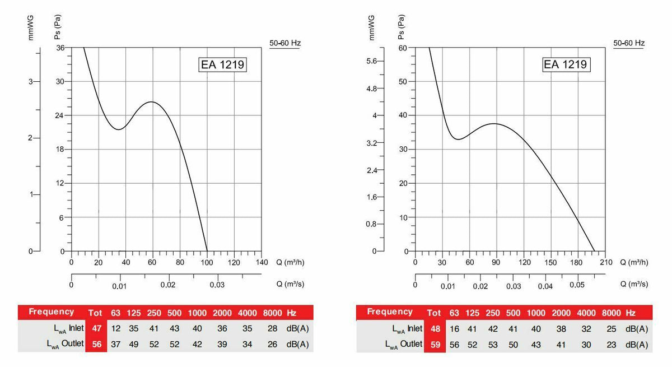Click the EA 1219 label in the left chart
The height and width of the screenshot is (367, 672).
223,64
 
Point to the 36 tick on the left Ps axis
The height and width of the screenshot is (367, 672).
60,48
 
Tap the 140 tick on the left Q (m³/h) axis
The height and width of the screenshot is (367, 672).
262,262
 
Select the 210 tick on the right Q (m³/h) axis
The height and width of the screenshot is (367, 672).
605,262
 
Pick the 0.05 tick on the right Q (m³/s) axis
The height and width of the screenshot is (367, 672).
577,286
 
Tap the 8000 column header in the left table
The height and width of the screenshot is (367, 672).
272,312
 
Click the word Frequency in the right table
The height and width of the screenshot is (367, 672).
389,312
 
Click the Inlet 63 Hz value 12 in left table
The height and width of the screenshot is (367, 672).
115,328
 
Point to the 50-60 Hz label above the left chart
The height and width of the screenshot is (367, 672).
285,43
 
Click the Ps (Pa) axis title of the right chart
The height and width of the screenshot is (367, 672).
402,26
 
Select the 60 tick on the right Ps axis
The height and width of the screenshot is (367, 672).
403,48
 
